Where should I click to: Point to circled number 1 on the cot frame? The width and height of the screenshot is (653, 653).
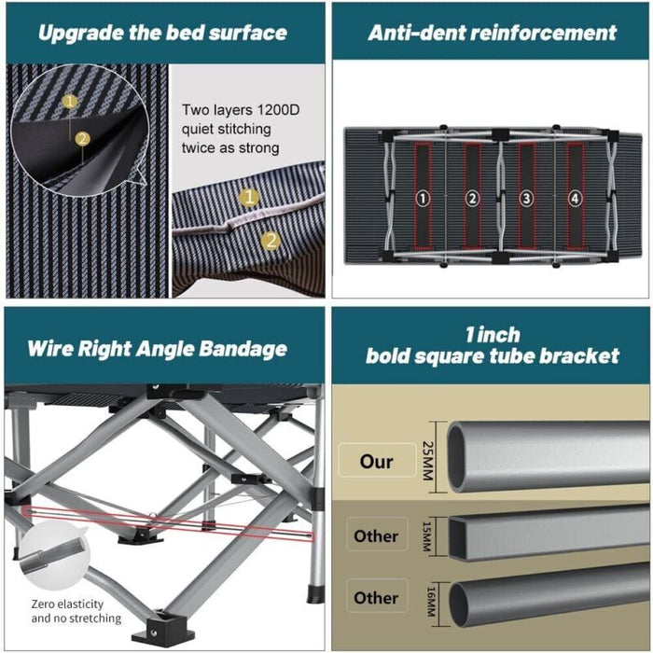[423, 198]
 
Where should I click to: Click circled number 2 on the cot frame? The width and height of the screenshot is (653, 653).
[473, 198]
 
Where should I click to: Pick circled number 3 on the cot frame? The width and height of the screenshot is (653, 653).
[525, 198]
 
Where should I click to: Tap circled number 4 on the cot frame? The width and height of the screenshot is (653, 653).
[576, 198]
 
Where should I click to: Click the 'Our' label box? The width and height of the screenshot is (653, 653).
[377, 462]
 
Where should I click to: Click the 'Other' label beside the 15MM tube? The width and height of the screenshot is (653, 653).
[376, 536]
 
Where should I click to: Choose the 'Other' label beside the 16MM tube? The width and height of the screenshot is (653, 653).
[376, 598]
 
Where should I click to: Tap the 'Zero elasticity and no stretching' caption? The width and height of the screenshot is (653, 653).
[76, 611]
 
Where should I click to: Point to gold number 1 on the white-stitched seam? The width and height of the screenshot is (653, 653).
[248, 197]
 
